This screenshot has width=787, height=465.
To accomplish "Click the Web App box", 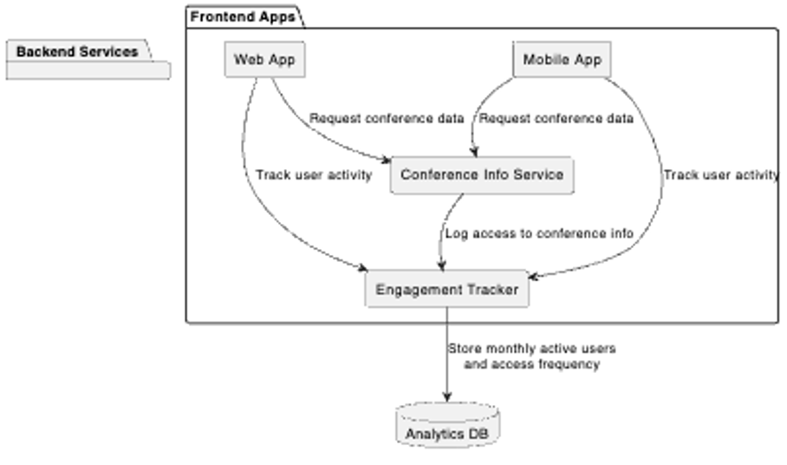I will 264,60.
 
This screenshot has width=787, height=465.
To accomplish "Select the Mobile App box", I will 562,60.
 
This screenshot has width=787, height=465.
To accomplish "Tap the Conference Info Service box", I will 482,174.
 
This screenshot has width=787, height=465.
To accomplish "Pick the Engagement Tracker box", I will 446,290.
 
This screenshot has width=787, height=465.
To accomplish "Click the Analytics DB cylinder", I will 447,425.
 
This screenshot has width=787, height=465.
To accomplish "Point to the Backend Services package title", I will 77,52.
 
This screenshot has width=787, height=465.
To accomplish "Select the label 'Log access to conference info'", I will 538,233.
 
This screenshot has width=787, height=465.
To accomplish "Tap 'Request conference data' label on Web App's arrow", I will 387,119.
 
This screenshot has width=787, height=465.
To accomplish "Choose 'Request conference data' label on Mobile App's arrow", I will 556,119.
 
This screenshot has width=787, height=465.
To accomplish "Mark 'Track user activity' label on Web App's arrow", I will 314,174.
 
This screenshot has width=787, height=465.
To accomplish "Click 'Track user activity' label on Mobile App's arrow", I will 721,174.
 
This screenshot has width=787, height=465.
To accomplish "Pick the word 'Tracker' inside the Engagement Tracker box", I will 493,290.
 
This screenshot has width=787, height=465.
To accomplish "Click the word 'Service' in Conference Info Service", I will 538,174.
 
